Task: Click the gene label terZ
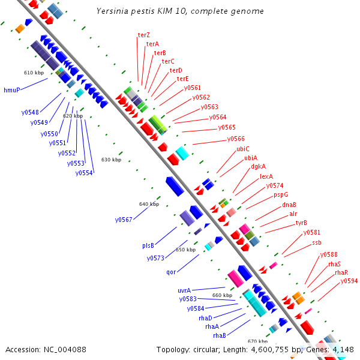tap(144, 35)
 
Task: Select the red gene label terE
tap(182, 79)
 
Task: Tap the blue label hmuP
tap(12, 90)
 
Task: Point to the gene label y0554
tap(84, 173)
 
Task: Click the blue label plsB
tap(148, 245)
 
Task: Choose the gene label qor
tap(171, 272)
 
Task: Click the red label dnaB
tap(289, 205)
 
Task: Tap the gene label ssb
tap(317, 242)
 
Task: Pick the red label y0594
tap(349, 281)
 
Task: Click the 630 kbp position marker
tap(111, 160)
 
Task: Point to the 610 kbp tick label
tap(34, 73)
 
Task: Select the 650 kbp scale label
tap(185, 250)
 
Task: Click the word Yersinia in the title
tap(113, 11)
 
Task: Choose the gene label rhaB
tap(220, 335)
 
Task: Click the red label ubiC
tap(243, 148)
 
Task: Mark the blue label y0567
tap(124, 220)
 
